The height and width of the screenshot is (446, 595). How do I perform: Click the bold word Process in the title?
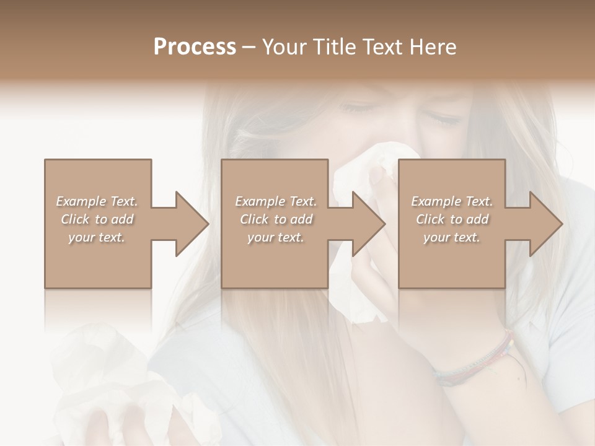click(195, 46)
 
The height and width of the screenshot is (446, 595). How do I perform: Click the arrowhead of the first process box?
click(191, 224)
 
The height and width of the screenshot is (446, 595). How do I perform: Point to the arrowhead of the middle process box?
click(368, 224)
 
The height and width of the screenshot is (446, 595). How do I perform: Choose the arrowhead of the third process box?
click(544, 224)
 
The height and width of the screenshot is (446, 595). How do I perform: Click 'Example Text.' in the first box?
click(97, 201)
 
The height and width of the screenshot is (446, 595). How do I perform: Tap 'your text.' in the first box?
click(97, 237)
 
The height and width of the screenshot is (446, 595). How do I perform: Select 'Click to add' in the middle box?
click(276, 219)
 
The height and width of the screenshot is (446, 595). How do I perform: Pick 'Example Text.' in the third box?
click(452, 201)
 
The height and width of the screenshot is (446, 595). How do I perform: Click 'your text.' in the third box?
click(452, 237)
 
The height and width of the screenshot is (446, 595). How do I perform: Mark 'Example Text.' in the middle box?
click(276, 201)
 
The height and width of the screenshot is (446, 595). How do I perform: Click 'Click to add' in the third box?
click(452, 219)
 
